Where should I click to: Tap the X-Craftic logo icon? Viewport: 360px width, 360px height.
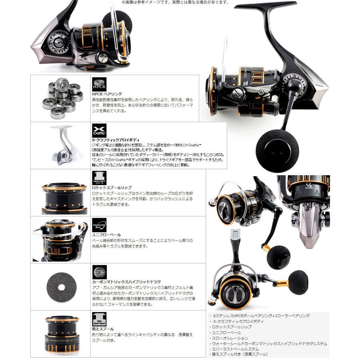[99, 130]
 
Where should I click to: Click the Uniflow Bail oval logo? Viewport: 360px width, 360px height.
[99, 225]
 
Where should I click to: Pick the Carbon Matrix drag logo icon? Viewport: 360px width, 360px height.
[99, 272]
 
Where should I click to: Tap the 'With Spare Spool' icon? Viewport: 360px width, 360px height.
[99, 319]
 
